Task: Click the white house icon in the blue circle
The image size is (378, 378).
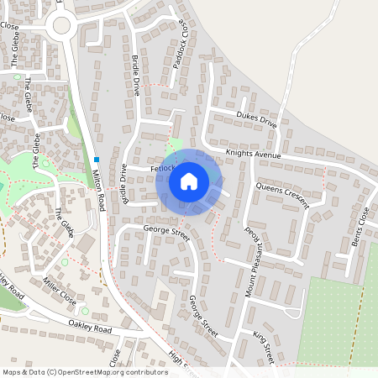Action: [x=189, y=181]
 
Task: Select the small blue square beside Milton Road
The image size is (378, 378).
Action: [x=97, y=160]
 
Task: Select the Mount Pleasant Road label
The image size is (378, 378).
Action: [x=249, y=253]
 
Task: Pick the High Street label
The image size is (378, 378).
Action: [x=182, y=360]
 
